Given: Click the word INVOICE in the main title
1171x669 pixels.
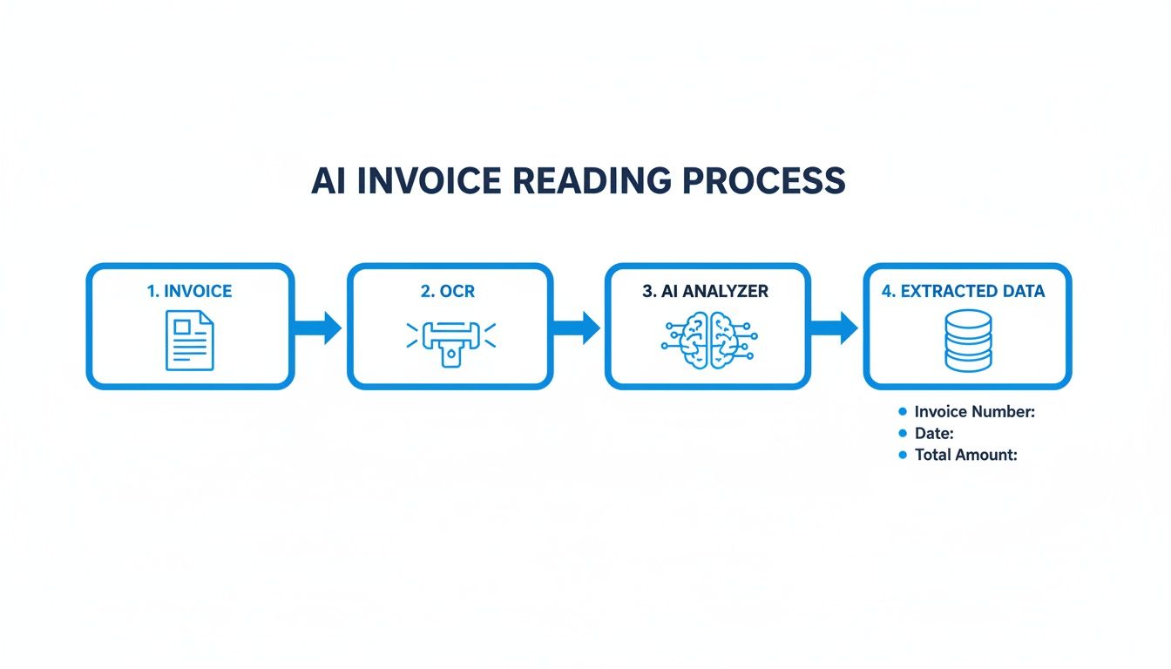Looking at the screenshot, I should pos(428,180).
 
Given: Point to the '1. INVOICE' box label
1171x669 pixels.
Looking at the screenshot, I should pos(190,291).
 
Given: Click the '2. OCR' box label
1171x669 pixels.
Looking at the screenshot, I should pos(449,291).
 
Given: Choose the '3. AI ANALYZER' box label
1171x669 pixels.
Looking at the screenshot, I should pos(706,291).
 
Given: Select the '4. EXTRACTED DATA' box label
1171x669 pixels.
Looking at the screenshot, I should pos(963,291).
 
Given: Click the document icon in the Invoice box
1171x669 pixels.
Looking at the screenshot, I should pos(189,341).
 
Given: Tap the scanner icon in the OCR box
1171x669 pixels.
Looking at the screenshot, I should pos(450,341).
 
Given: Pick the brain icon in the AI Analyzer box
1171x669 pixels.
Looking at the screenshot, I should pos(708,341).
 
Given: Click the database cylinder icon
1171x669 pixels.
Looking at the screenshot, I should pos(968,341).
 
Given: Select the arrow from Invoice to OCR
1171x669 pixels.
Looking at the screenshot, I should pos(318,328).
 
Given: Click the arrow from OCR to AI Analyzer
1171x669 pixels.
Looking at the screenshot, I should pos(578,328).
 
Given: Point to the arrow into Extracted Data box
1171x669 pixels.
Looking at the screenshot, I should pos(836,328).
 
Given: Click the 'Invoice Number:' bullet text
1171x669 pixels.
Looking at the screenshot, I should pos(974,412).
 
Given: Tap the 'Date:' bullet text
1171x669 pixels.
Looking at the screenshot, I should pos(934,433).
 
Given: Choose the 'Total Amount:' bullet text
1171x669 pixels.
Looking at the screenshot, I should pos(965,455).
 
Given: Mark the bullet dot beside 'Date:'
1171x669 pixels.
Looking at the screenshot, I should pos(903,433).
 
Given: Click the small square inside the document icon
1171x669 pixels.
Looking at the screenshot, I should pos(183,328).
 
